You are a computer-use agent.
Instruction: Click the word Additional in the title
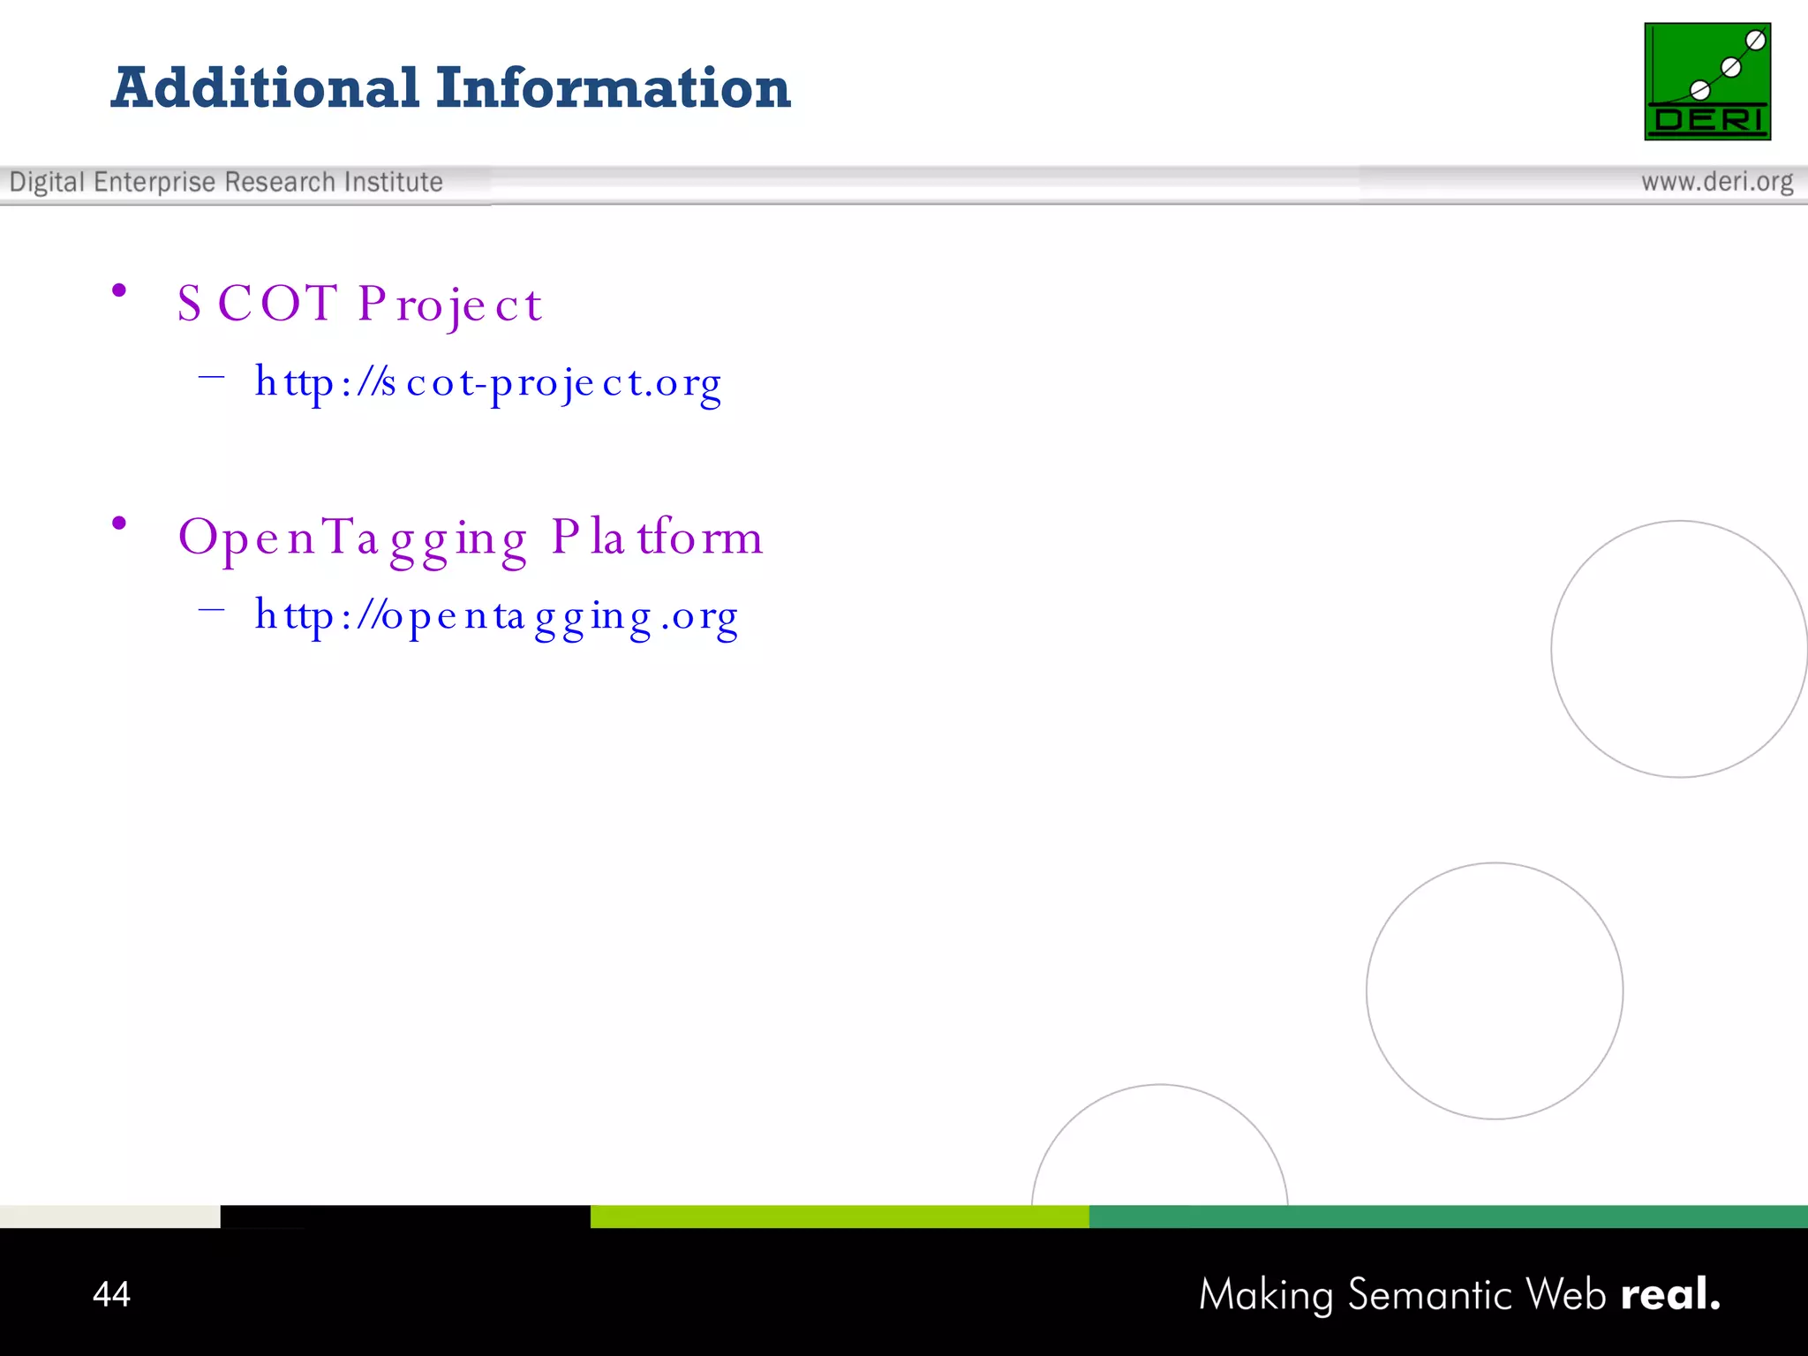[x=265, y=88]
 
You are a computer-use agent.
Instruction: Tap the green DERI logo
[x=1707, y=81]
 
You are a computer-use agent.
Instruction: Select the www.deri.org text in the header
[x=1717, y=182]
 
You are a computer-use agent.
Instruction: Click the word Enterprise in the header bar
[x=154, y=182]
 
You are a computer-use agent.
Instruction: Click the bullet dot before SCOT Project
[x=119, y=290]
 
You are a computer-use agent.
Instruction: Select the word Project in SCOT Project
[x=449, y=305]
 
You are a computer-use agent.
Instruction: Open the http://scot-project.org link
[x=488, y=383]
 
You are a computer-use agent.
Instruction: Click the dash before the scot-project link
[x=212, y=377]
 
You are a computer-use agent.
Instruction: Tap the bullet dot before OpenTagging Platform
[x=119, y=524]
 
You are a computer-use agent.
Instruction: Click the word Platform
[x=657, y=537]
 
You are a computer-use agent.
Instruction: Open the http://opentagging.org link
[x=496, y=616]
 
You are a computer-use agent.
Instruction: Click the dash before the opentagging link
[x=212, y=609]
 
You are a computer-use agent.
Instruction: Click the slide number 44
[x=111, y=1294]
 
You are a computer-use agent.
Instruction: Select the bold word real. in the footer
[x=1670, y=1294]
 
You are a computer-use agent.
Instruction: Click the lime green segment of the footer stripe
[x=839, y=1217]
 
